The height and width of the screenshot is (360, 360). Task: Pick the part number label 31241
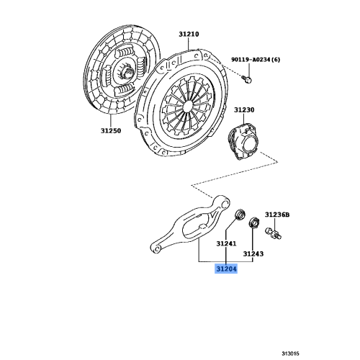(227, 244)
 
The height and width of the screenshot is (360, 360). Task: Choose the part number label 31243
(253, 254)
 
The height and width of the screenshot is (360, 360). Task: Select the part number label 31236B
(276, 215)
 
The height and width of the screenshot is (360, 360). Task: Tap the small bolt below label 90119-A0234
(247, 76)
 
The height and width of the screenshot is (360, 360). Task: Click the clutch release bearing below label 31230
(247, 139)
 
